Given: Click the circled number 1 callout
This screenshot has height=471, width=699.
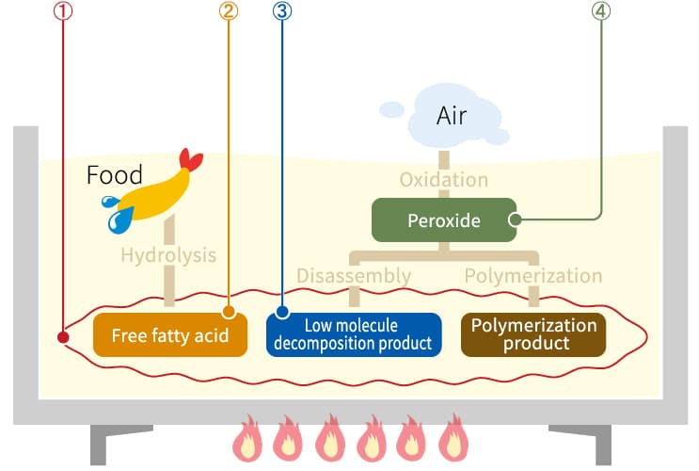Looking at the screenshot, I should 63,11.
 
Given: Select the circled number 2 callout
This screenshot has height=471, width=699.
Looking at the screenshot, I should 229,11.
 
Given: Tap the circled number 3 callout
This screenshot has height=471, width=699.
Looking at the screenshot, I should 281,11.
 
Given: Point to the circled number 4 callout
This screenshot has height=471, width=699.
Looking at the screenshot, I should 600,11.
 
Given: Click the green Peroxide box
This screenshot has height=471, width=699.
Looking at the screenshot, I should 444,220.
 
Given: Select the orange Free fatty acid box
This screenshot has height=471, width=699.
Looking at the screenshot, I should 170,334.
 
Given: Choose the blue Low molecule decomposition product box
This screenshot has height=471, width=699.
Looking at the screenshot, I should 354,334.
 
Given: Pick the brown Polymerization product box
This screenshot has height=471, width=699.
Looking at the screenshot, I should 533,334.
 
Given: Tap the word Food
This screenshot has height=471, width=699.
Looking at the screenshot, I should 114,174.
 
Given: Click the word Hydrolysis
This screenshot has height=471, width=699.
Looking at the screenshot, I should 168,255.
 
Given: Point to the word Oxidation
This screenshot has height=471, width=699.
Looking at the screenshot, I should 443,179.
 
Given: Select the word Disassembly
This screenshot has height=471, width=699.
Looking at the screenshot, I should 354,276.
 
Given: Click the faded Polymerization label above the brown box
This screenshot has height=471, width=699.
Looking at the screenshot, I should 533,276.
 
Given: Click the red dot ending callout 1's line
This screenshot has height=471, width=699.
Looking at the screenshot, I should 63,336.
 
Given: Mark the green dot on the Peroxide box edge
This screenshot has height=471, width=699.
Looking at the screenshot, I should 515,220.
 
